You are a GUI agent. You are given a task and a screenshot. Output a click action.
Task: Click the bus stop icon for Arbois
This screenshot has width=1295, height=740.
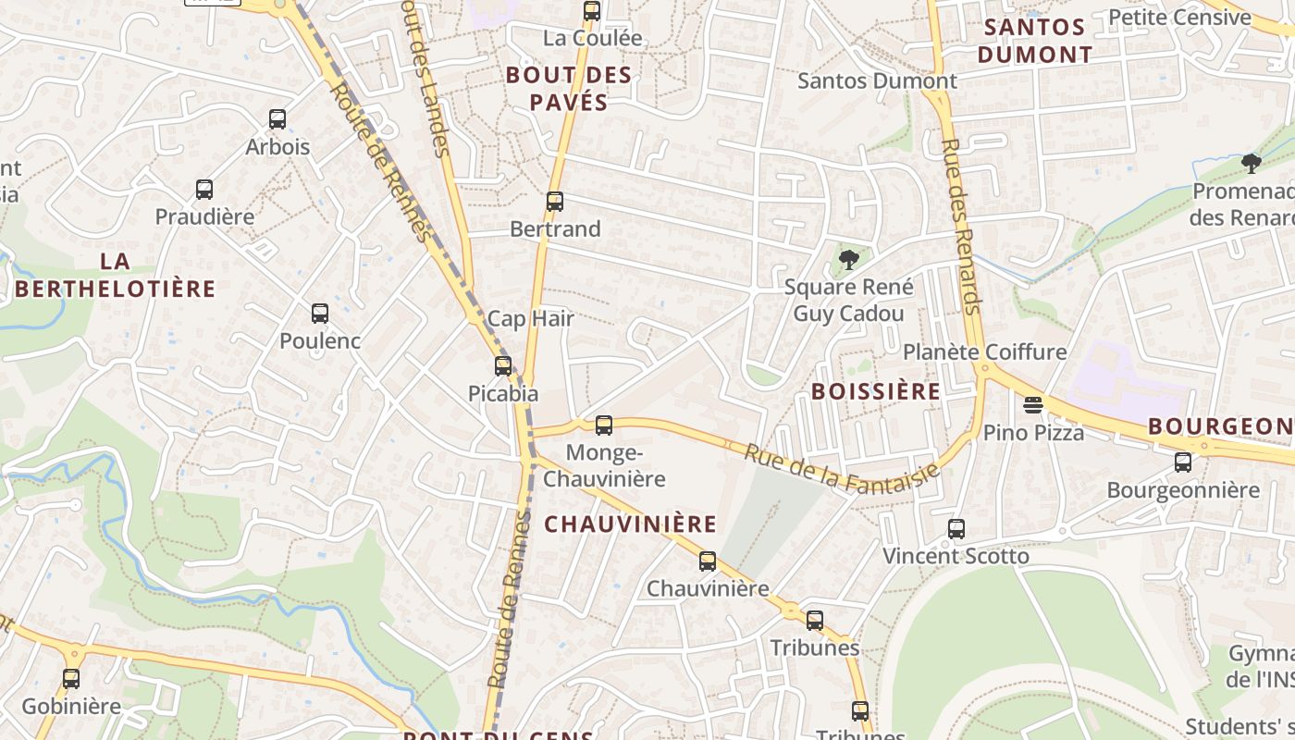pos(277,119)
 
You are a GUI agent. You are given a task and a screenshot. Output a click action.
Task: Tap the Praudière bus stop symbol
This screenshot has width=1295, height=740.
pos(204,190)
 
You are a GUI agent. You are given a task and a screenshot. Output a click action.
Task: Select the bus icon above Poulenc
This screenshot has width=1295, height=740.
pos(320,314)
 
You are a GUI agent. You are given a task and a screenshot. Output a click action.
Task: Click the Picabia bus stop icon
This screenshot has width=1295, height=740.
pos(503,366)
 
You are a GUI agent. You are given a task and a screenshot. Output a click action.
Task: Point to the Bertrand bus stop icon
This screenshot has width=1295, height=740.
pos(555,202)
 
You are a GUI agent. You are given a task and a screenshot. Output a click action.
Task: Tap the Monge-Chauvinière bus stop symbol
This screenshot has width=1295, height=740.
pos(604,425)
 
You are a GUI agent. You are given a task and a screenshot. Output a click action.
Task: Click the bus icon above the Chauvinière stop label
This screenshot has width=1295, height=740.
pos(708,561)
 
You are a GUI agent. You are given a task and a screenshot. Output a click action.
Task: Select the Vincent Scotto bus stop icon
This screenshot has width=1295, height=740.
pos(956,529)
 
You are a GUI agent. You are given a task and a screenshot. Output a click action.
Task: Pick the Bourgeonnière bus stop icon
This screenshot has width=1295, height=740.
pos(1183,462)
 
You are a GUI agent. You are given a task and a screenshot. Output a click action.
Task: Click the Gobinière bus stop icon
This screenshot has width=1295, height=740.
pos(71,679)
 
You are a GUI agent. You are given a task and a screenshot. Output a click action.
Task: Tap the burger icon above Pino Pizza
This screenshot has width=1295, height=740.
pos(1033,405)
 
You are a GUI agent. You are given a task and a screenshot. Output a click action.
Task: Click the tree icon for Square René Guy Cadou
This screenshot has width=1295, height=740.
pos(847,260)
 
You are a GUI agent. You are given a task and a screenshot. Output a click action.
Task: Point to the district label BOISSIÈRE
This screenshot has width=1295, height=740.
pos(875,391)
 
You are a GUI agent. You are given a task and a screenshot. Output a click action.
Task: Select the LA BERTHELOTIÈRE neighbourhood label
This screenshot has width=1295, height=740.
pos(115,275)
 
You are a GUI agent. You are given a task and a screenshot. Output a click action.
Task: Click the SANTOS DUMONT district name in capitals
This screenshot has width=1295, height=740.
pos(1034,41)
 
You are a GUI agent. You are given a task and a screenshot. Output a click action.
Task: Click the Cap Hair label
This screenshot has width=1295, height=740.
pos(530,319)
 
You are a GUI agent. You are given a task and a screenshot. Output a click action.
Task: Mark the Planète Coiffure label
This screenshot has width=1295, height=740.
pos(984,352)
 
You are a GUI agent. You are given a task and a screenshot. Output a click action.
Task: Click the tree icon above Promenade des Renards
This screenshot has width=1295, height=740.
pos(1252,165)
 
